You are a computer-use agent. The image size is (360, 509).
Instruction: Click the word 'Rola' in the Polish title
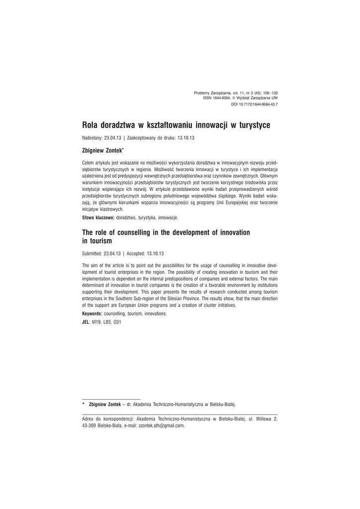90,125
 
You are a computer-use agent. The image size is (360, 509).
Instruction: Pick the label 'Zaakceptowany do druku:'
150,137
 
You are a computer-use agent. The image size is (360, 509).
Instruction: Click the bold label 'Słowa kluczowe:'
98,218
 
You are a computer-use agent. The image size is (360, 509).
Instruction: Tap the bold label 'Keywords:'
92,314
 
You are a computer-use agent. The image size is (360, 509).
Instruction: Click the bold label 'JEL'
85,322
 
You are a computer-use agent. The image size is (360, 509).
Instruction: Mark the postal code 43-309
89,425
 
